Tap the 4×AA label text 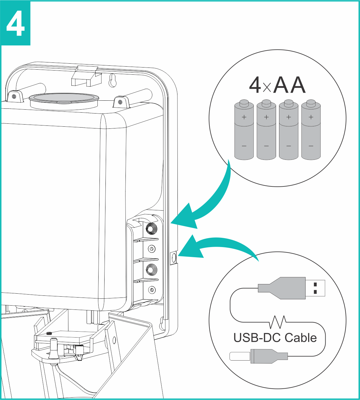click(x=277, y=85)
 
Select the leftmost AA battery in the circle click(x=244, y=130)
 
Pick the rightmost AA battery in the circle click(x=311, y=130)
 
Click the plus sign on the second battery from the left click(x=266, y=117)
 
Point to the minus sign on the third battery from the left click(x=289, y=146)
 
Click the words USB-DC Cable click(x=275, y=338)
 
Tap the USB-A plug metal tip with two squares click(x=315, y=288)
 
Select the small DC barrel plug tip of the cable click(x=240, y=356)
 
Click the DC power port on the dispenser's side click(x=174, y=258)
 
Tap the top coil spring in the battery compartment click(x=151, y=229)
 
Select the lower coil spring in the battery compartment click(x=151, y=270)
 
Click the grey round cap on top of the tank click(x=64, y=98)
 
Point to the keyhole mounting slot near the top click(x=113, y=80)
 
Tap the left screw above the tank click(x=14, y=96)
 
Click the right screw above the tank click(x=120, y=102)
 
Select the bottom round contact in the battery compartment click(x=152, y=289)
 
